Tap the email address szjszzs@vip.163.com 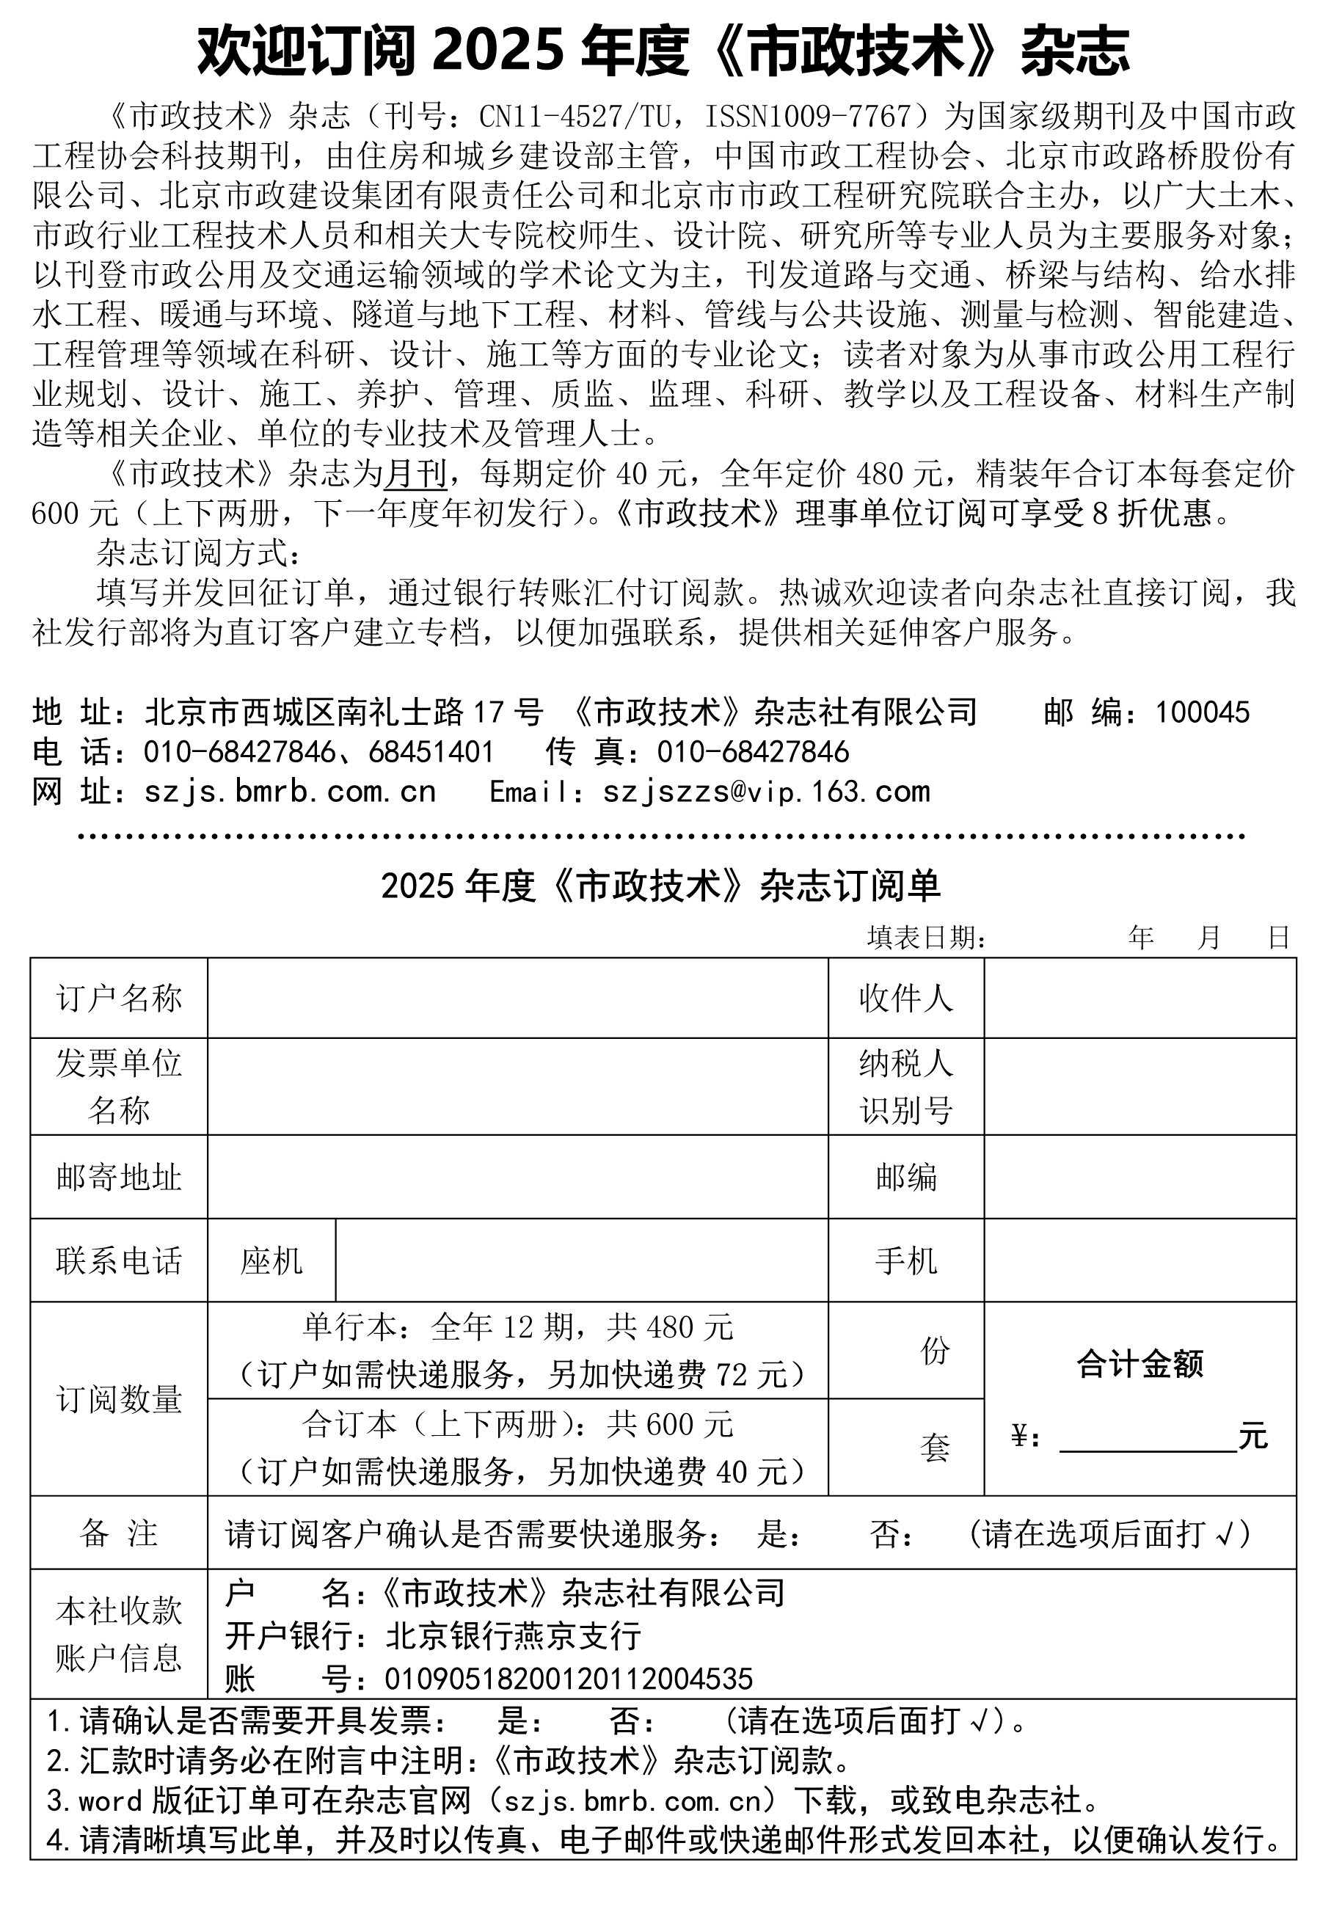[x=766, y=792]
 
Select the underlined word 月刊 [x=415, y=474]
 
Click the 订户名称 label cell [x=119, y=998]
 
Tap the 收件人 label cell [x=905, y=998]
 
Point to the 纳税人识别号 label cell [x=905, y=1086]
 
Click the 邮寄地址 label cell [x=119, y=1176]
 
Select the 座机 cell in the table [x=271, y=1260]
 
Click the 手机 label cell [x=905, y=1260]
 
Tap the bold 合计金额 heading [x=1139, y=1364]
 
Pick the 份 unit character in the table [x=935, y=1350]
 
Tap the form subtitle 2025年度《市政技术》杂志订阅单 [x=660, y=886]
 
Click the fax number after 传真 [x=753, y=752]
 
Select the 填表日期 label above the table [x=926, y=937]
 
